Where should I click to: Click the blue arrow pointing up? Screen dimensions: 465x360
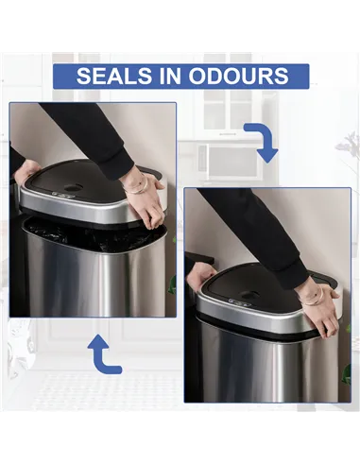[103, 355]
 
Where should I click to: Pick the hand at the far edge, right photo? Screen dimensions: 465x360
[200, 277]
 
